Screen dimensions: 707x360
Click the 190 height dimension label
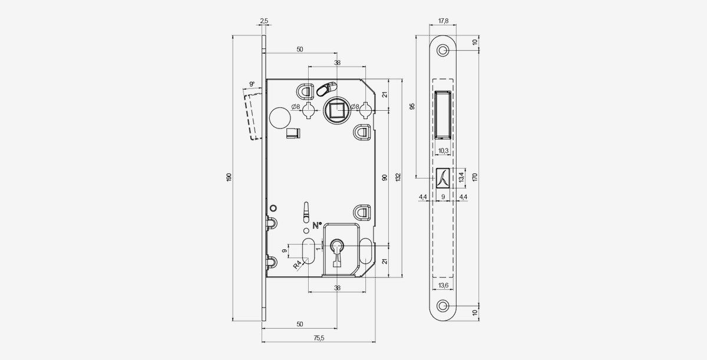pyautogui.click(x=229, y=177)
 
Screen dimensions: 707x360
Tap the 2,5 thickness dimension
pyautogui.click(x=264, y=21)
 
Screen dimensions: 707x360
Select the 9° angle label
pyautogui.click(x=252, y=84)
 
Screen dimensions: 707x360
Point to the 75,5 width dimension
pyautogui.click(x=319, y=338)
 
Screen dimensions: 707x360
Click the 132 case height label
pyautogui.click(x=398, y=177)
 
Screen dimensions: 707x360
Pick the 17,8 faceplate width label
pyautogui.click(x=443, y=21)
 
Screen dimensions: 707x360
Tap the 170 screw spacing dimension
pyautogui.click(x=475, y=177)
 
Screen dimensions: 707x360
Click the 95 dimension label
pyautogui.click(x=412, y=106)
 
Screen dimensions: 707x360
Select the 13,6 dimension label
pyautogui.click(x=443, y=286)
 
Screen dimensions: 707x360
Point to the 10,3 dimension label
pyautogui.click(x=443, y=151)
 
